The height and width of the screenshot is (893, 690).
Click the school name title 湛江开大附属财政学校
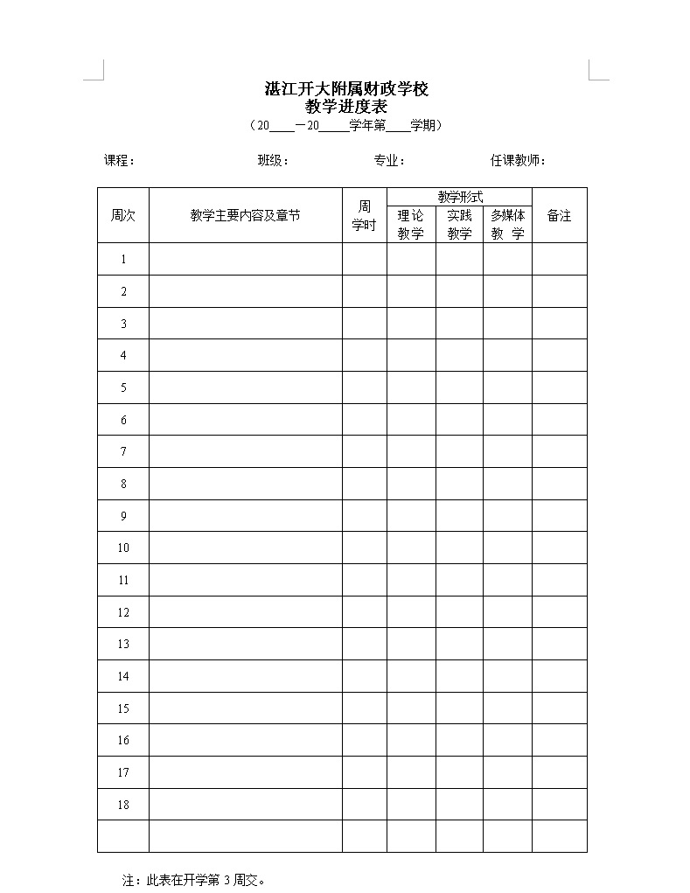point(345,89)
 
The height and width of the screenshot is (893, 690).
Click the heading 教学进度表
point(345,107)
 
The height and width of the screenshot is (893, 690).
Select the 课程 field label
point(119,161)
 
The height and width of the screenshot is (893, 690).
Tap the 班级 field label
point(273,161)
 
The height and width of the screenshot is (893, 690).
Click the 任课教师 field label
point(518,161)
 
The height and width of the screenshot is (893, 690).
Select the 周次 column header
point(123,215)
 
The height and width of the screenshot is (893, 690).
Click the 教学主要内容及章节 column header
point(245,215)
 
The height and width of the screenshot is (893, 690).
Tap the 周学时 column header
point(364,215)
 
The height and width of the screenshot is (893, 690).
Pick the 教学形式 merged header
point(460,198)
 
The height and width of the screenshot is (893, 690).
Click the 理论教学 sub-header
point(411,224)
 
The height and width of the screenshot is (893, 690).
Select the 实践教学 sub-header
point(459,224)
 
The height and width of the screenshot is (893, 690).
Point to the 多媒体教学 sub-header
point(507,224)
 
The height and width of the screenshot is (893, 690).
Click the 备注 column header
point(559,215)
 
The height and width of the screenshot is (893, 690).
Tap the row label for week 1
point(123,259)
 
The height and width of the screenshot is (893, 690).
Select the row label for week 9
point(123,516)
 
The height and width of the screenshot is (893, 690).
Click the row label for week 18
point(123,805)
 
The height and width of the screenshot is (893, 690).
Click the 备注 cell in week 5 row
point(559,387)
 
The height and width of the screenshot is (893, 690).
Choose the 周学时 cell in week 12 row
point(364,612)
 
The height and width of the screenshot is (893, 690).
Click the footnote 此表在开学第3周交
point(194,880)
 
